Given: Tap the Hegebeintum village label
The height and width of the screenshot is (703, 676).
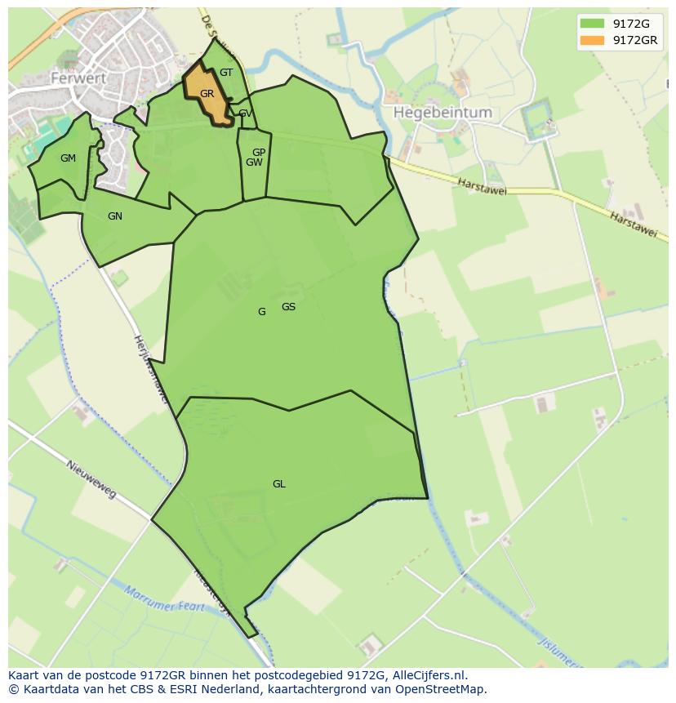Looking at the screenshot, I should click(x=443, y=113).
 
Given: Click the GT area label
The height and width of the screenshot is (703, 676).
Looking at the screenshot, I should click(x=226, y=73).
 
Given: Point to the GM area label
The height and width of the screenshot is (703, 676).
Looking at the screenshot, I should click(x=68, y=158).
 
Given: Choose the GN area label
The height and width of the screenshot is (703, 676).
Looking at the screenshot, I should click(x=115, y=216).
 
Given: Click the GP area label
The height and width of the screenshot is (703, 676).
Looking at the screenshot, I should click(x=259, y=153).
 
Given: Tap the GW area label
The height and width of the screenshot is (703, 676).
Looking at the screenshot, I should click(x=254, y=162).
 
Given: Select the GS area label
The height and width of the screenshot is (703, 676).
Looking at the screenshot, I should click(x=288, y=307).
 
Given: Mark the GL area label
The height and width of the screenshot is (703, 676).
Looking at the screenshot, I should click(x=279, y=484).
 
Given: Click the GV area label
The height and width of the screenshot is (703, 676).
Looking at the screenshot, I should click(x=245, y=113).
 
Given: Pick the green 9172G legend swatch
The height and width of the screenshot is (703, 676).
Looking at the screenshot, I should click(x=592, y=24).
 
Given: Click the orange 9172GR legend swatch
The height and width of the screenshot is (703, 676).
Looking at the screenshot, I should click(x=592, y=40).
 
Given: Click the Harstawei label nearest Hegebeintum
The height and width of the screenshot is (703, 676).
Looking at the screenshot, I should click(x=482, y=187).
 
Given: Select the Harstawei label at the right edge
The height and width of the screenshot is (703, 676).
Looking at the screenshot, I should click(x=633, y=225).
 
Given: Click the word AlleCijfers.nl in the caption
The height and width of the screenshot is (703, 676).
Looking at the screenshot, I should click(x=429, y=675).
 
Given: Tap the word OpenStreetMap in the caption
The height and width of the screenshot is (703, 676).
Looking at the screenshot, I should click(x=445, y=689).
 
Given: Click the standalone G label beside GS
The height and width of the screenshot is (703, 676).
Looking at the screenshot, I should click(x=261, y=312).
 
